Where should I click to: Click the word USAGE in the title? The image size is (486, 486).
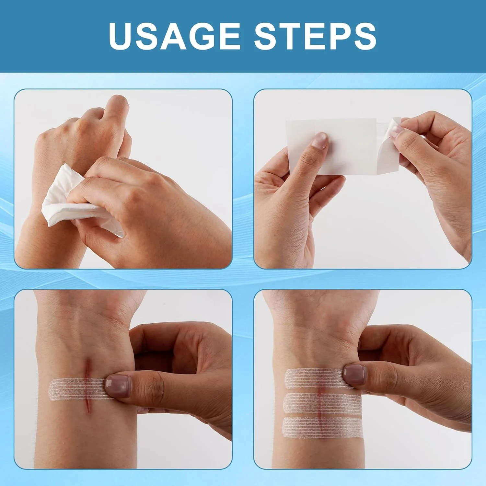coord(175,36)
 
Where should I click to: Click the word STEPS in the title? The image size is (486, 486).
coord(315,36)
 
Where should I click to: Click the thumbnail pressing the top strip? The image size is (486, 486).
coord(354,374)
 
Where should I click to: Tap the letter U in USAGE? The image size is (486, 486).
coord(121,36)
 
